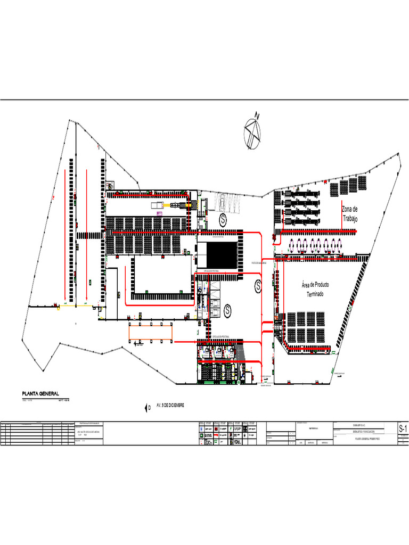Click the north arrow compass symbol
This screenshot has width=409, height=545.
click(x=252, y=131)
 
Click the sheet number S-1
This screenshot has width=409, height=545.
click(x=403, y=429)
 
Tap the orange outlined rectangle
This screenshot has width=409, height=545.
click(x=151, y=333)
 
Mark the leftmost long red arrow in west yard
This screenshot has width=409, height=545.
click(x=65, y=234)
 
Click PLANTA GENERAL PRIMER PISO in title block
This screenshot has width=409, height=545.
click(x=359, y=439)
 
